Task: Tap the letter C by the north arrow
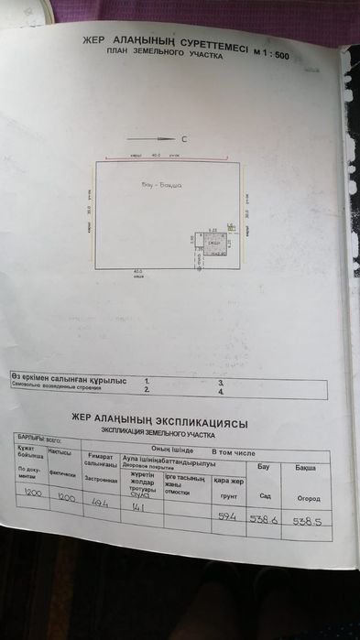[184, 140]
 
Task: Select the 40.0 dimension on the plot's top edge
[140, 156]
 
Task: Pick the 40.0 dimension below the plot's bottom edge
[137, 270]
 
